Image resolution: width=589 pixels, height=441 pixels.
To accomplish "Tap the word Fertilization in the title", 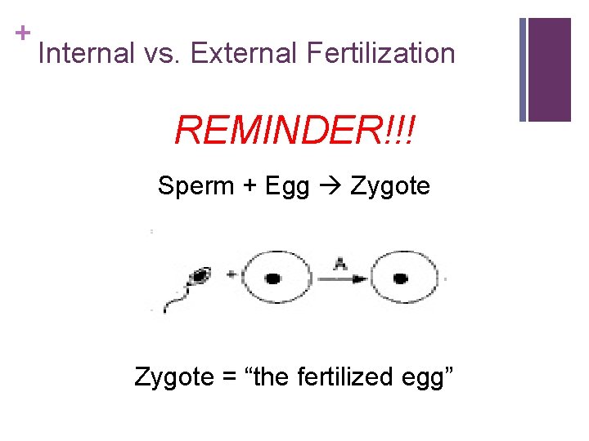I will point(380,54).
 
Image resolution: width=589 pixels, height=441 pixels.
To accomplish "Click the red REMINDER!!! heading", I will point(294,129).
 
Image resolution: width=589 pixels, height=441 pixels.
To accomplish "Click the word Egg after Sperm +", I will point(287,187).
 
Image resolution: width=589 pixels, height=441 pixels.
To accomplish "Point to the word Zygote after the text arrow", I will point(390,187).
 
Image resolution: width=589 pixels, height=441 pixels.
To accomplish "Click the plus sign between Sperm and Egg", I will point(248,186).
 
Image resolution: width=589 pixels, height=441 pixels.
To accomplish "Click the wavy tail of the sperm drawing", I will point(176,300).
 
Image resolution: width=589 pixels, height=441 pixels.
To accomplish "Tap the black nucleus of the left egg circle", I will point(273,278).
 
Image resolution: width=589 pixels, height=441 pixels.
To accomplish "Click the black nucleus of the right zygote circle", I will point(400,278).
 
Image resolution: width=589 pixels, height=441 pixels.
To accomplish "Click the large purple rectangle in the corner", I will point(549,69).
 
